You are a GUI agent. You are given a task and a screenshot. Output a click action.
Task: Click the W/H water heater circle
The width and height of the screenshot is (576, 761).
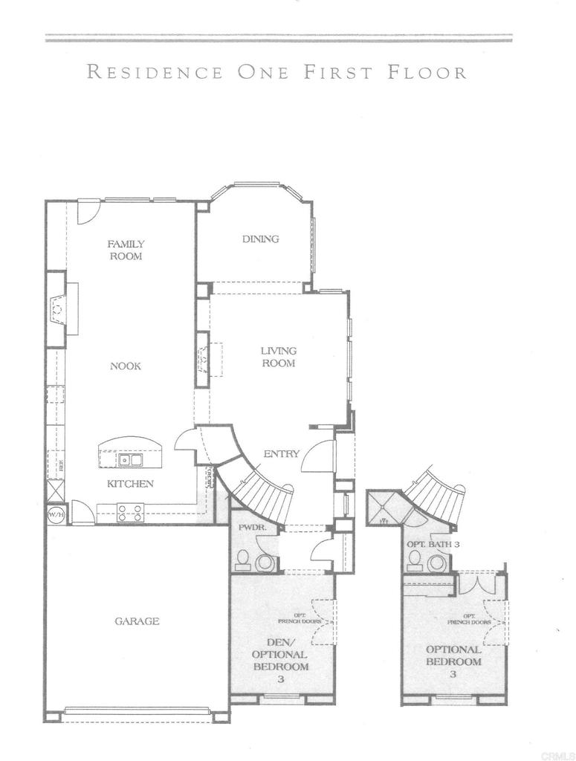[x=56, y=514]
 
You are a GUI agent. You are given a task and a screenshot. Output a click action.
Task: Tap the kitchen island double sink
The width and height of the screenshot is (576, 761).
[x=131, y=460]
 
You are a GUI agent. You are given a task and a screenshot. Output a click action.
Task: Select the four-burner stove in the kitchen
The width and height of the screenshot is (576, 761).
[x=130, y=511]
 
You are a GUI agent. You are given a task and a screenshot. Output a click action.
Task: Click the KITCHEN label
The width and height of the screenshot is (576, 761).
[x=130, y=484]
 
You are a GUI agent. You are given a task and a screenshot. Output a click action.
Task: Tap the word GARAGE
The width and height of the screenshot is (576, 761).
[x=137, y=621]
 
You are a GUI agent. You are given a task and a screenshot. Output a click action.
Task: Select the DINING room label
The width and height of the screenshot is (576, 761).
[x=260, y=239]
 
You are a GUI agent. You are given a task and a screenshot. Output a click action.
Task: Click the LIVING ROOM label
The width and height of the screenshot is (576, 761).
[x=278, y=357]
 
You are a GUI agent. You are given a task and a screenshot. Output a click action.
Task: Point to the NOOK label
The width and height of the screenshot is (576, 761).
[x=126, y=366]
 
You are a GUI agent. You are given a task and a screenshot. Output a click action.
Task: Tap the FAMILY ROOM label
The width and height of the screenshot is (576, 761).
[x=126, y=250]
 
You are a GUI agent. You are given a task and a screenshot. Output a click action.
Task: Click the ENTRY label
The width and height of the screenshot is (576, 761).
[x=281, y=454]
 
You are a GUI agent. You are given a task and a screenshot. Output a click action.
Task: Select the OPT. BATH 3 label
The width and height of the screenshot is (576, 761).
[x=433, y=545]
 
